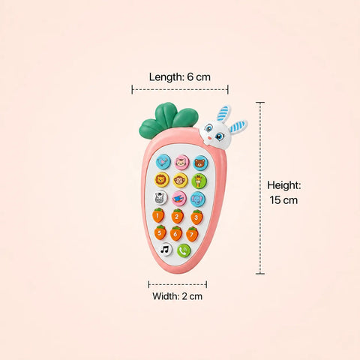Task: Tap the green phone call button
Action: [x=184, y=250]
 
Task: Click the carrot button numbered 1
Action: [x=158, y=215]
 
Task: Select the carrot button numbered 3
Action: [x=196, y=217]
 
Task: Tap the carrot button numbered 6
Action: [x=176, y=233]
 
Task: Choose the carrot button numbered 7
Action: [x=192, y=234]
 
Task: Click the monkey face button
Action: [x=180, y=180]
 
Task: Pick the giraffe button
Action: [x=199, y=181]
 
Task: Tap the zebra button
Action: [x=160, y=197]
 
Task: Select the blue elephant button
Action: [x=198, y=199]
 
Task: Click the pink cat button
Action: [x=181, y=163]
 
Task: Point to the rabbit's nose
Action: [x=211, y=137]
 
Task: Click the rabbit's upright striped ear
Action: [x=223, y=113]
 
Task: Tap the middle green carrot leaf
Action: [x=166, y=114]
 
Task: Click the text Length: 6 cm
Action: [x=180, y=76]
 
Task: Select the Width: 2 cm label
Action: [x=177, y=296]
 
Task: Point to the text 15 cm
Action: [x=283, y=200]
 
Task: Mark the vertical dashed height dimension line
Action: [x=260, y=187]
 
